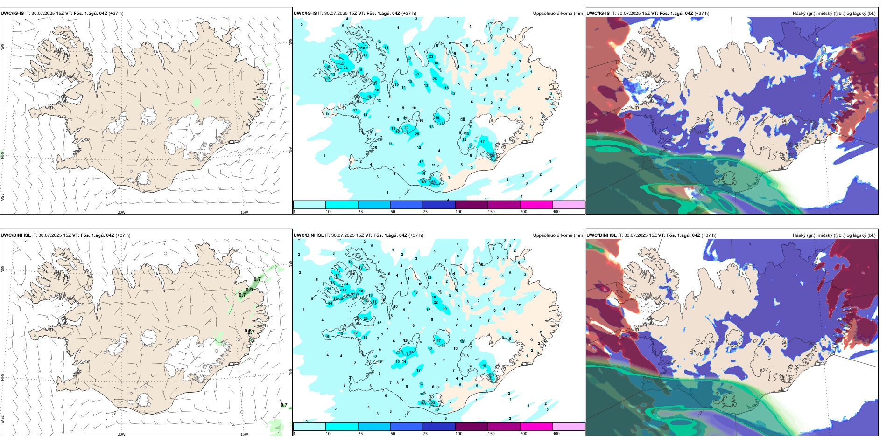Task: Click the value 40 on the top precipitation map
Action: (437, 118)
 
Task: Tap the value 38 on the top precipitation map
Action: (493, 155)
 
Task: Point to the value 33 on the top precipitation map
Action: (433, 182)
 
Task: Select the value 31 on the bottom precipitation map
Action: (412, 352)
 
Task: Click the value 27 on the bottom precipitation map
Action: (439, 341)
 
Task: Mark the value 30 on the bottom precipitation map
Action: (491, 374)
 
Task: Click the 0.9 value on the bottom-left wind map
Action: (249, 290)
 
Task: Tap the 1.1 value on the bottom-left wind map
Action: (251, 340)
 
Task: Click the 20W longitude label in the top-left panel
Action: (121, 212)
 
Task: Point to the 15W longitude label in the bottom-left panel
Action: (244, 434)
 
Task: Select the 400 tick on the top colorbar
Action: (556, 212)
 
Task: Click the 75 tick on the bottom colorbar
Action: (425, 434)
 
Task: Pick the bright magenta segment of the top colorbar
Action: (536, 205)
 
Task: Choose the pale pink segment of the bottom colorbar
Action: (569, 427)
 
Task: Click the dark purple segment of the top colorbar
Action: (472, 205)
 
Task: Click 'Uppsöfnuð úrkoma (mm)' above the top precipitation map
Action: (558, 14)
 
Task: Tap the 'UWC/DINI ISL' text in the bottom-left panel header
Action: (15, 235)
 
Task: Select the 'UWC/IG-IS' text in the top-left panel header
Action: (12, 14)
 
